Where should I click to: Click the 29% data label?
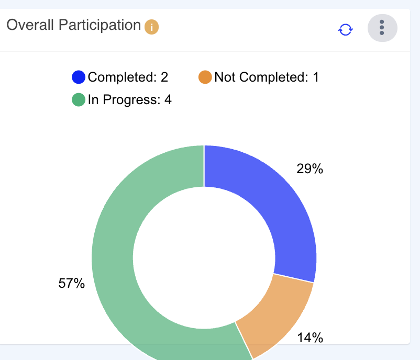coord(310,169)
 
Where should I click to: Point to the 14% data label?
coord(310,338)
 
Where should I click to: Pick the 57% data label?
coord(71,284)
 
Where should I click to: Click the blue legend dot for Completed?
coord(79,77)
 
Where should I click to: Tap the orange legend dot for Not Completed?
coord(205,77)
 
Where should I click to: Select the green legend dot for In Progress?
coord(79,99)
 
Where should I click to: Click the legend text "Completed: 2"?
coord(128,77)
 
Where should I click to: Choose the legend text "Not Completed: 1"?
coord(267,77)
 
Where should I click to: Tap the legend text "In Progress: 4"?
coord(129,99)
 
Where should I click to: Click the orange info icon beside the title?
coord(151,27)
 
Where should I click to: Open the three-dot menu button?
coord(382,28)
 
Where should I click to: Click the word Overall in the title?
coord(29,25)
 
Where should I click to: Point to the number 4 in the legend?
coord(168,99)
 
